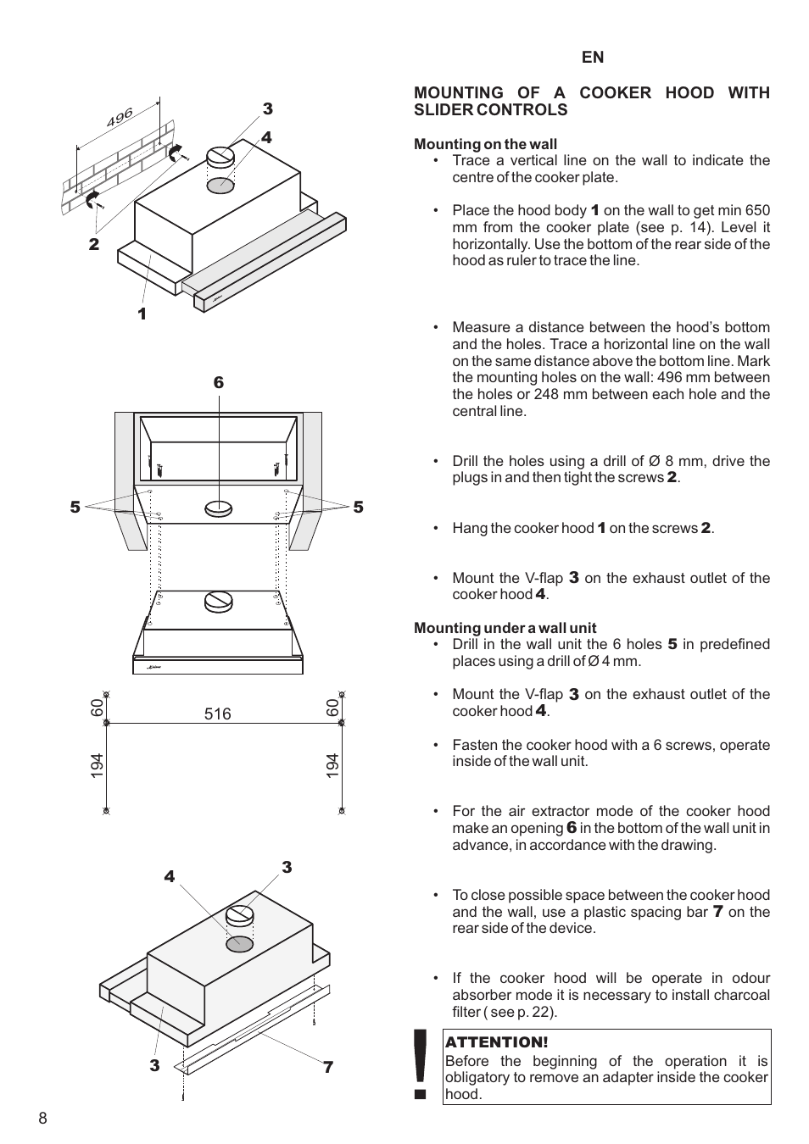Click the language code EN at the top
pyautogui.click(x=593, y=57)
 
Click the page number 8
pyautogui.click(x=42, y=1118)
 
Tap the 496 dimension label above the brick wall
pyautogui.click(x=120, y=117)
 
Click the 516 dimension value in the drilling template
pyautogui.click(x=217, y=714)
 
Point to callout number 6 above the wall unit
pyautogui.click(x=219, y=383)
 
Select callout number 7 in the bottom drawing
pyautogui.click(x=328, y=1068)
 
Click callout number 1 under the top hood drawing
pyautogui.click(x=142, y=314)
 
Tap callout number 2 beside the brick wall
pyautogui.click(x=94, y=244)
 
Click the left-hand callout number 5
pyautogui.click(x=75, y=507)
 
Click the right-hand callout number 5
pyautogui.click(x=358, y=507)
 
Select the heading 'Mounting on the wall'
pyautogui.click(x=485, y=144)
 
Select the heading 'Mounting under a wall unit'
pyautogui.click(x=505, y=628)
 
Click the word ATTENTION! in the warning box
pyautogui.click(x=497, y=1042)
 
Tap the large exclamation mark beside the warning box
pyautogui.click(x=419, y=1063)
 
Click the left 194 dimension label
pyautogui.click(x=97, y=766)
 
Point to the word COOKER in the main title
pyautogui.click(x=611, y=93)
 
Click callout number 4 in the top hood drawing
pyautogui.click(x=266, y=137)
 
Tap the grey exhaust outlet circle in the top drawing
pyautogui.click(x=220, y=184)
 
